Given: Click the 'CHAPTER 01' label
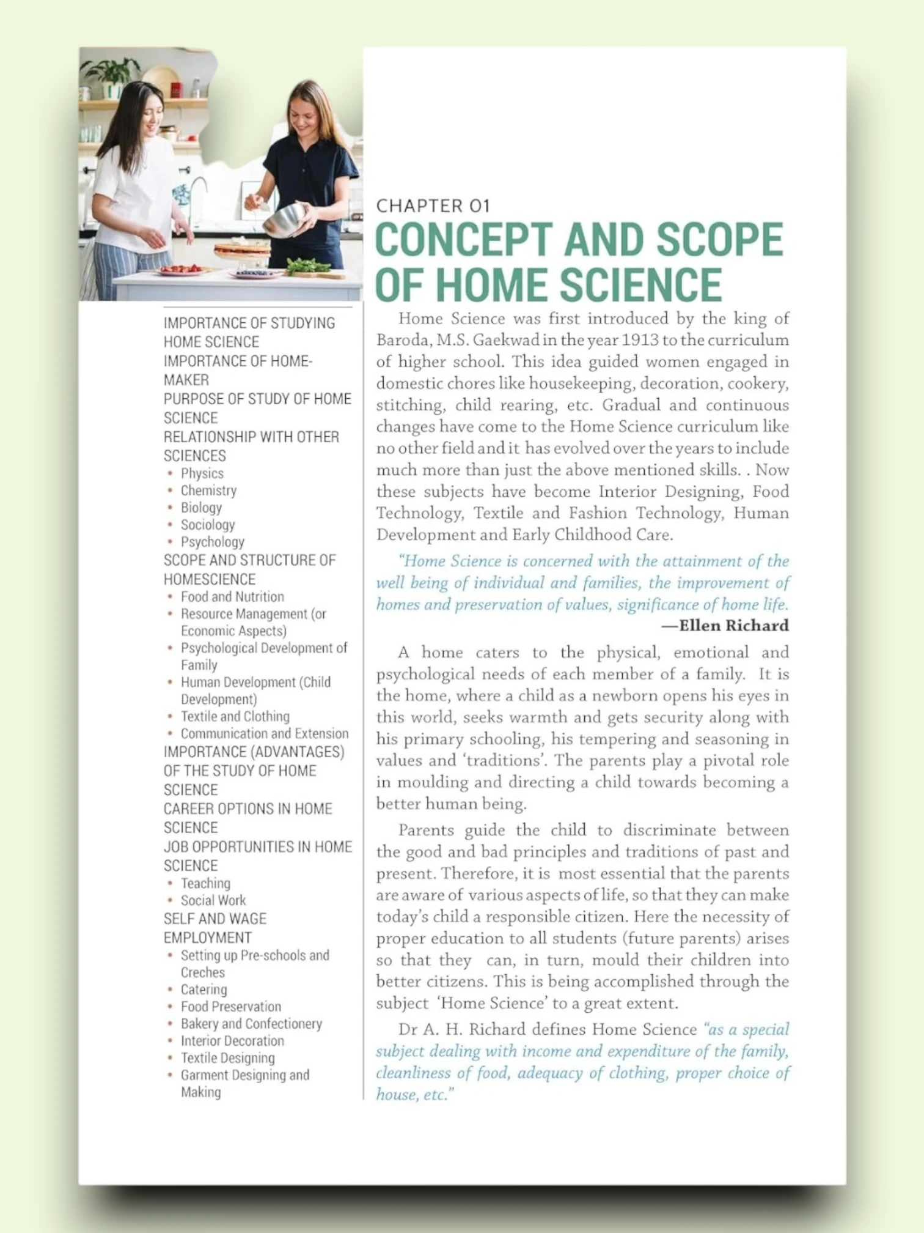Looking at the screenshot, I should (x=433, y=206).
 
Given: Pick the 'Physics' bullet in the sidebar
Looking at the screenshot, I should (x=202, y=473).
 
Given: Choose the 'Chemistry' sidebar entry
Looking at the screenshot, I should (x=208, y=491).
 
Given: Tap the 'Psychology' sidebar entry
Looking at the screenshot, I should (x=212, y=542).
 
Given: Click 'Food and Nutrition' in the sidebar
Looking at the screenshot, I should (x=232, y=596).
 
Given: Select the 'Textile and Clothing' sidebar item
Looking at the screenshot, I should (x=235, y=716).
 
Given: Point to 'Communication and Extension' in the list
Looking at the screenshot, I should (x=264, y=733).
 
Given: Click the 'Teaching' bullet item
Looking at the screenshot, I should (x=205, y=883).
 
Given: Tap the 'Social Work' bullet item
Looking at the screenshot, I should (x=213, y=900).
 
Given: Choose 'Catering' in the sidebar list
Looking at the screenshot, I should (x=204, y=990).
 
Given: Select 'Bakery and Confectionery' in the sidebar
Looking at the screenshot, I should (x=251, y=1024).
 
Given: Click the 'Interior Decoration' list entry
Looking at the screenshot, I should (x=232, y=1041).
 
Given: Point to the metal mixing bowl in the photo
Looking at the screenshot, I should (x=284, y=220).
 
